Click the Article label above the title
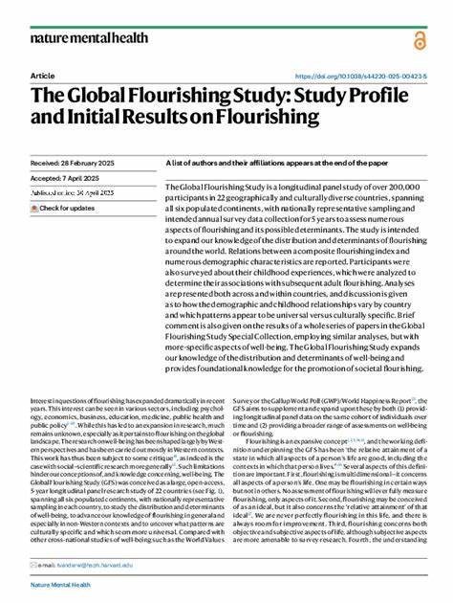tap(42, 76)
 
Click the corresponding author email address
tap(95, 565)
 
